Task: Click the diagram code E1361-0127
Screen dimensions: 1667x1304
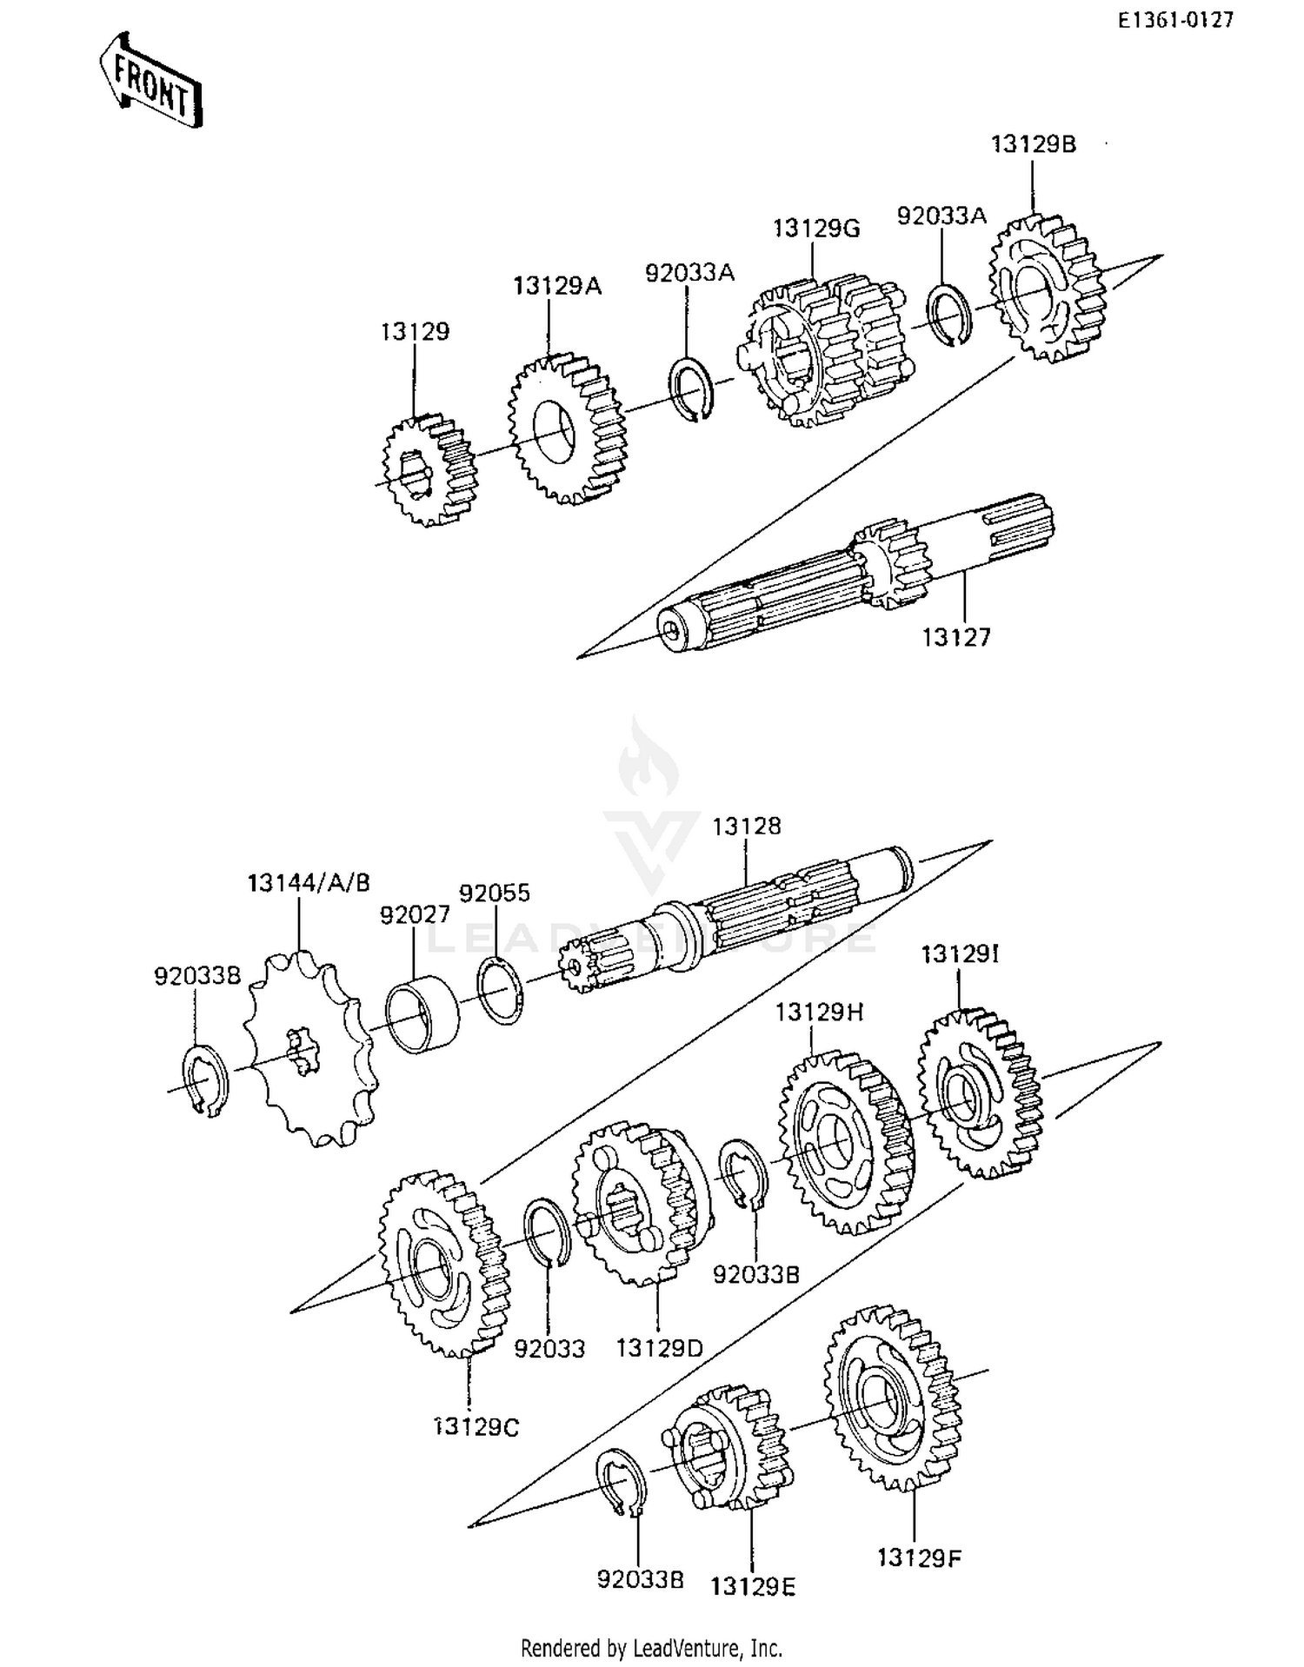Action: tap(1175, 20)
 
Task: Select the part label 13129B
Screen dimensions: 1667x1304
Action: tap(1033, 144)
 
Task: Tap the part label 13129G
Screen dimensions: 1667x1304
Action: tap(815, 229)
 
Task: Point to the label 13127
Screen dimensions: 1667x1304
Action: tap(956, 637)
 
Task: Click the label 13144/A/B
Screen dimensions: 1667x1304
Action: tap(309, 883)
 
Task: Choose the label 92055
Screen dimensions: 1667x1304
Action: tap(494, 893)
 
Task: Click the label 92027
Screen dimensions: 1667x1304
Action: tap(415, 914)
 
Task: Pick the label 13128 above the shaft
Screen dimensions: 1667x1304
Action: tap(747, 826)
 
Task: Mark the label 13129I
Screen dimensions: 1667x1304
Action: tap(960, 954)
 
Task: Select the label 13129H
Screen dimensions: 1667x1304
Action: tap(819, 1013)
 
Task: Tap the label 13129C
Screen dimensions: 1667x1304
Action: tap(476, 1427)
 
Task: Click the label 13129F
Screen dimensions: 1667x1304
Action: tap(919, 1557)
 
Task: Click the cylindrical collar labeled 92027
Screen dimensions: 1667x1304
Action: tap(422, 1013)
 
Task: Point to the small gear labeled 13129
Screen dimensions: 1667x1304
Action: tap(429, 470)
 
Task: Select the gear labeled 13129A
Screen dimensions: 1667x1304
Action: tap(566, 428)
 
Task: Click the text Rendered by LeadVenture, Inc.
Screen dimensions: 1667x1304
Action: tap(651, 1647)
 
